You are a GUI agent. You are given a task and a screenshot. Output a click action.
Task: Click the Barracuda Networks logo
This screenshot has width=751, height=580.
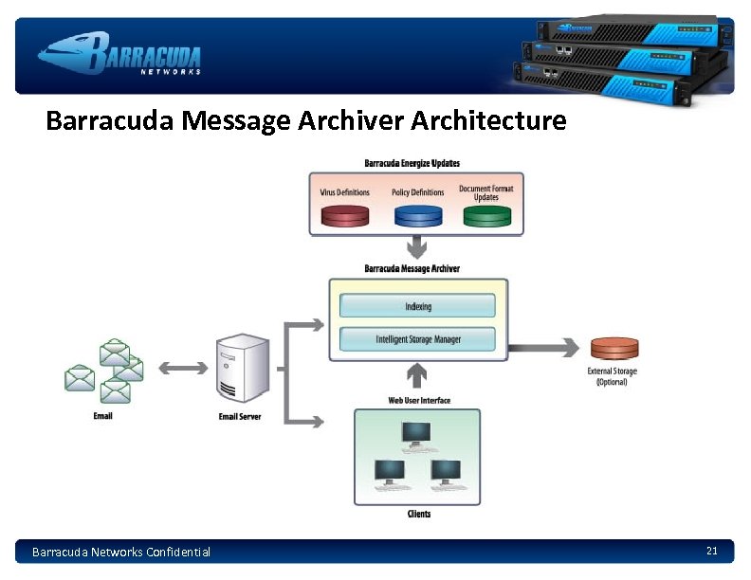click(x=120, y=53)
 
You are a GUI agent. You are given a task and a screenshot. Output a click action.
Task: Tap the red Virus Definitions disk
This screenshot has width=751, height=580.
click(x=344, y=216)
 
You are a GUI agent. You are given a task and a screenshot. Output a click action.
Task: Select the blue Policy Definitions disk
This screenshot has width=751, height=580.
click(x=417, y=216)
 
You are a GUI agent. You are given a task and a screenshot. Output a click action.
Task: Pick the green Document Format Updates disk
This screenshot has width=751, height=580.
click(x=486, y=216)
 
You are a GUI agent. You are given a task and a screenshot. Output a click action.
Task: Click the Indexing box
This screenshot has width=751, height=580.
click(x=417, y=306)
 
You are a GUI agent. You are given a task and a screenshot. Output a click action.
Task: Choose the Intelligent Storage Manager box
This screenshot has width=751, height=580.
click(x=417, y=339)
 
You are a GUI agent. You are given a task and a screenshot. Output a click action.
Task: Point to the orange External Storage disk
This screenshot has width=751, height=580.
click(x=614, y=349)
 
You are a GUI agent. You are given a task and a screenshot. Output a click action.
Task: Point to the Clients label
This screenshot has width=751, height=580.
click(x=418, y=514)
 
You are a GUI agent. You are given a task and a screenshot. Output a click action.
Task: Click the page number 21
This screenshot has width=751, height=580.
click(x=712, y=551)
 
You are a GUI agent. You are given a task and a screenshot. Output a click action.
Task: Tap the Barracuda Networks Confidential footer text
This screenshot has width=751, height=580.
click(x=121, y=552)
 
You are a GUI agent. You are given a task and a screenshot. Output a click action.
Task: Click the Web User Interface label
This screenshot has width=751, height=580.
click(x=419, y=400)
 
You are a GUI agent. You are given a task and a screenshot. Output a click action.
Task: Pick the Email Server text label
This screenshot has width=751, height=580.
click(x=240, y=416)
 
